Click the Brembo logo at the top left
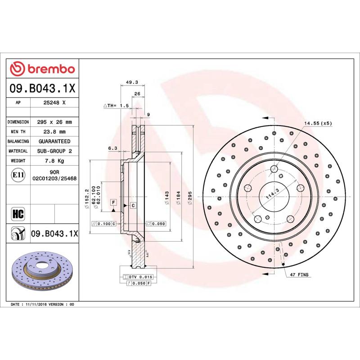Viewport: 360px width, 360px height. pyautogui.click(x=43, y=68)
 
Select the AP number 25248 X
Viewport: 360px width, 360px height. pyautogui.click(x=54, y=103)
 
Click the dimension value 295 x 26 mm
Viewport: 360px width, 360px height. pyautogui.click(x=54, y=122)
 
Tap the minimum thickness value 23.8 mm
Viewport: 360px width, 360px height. pyautogui.click(x=54, y=132)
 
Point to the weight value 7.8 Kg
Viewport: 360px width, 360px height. pyautogui.click(x=54, y=161)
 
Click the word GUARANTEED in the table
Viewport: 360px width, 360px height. pyautogui.click(x=54, y=141)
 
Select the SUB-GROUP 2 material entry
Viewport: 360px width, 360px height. pyautogui.click(x=54, y=151)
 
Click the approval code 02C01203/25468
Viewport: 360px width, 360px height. pyautogui.click(x=54, y=179)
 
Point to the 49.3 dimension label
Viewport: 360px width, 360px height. pyautogui.click(x=131, y=82)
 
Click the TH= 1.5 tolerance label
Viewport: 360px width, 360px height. pyautogui.click(x=117, y=105)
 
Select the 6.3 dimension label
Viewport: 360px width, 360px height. pyautogui.click(x=112, y=148)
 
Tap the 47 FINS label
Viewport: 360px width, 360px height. pyautogui.click(x=299, y=274)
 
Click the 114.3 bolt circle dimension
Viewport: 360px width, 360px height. pyautogui.click(x=270, y=195)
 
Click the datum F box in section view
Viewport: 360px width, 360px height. pyautogui.click(x=113, y=202)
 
